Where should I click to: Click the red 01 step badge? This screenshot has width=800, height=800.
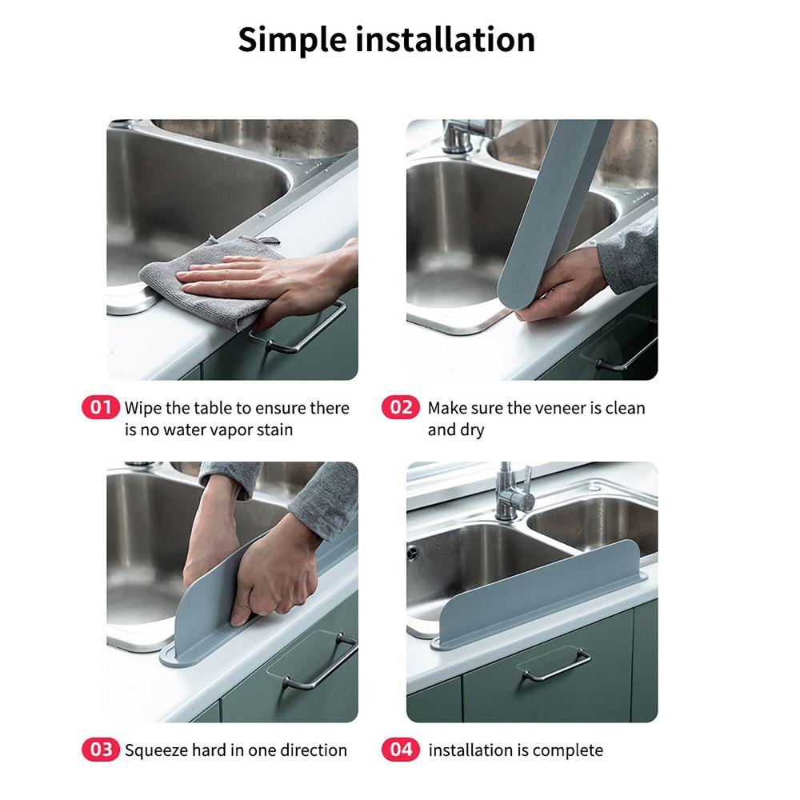[100, 408]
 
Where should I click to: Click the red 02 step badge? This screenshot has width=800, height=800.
[401, 408]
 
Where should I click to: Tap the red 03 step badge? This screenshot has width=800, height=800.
[100, 750]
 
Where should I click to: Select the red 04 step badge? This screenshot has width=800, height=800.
[401, 750]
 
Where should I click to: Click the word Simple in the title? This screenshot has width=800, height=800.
[292, 41]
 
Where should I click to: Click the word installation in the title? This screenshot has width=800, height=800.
[445, 39]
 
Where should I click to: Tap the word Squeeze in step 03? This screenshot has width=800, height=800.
[157, 751]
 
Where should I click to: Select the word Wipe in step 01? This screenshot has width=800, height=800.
[143, 409]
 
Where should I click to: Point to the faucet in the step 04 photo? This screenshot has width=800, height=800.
[512, 492]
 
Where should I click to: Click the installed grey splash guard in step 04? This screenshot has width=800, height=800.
[538, 596]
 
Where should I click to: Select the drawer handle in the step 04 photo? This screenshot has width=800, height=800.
[555, 666]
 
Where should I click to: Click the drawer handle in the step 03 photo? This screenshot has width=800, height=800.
[321, 662]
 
